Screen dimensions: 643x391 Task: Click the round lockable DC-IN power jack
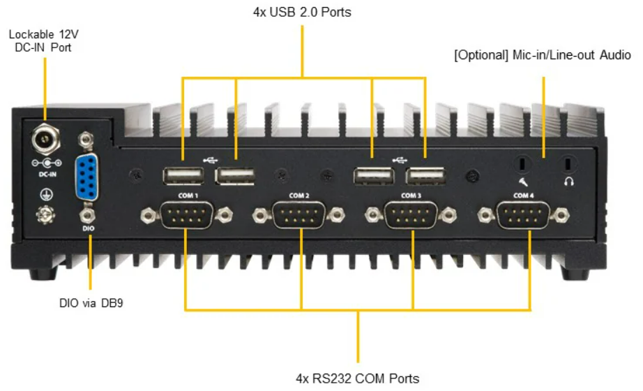[x=45, y=139]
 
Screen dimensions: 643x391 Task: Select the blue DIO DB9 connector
[x=86, y=177]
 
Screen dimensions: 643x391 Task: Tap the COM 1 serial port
[x=187, y=215]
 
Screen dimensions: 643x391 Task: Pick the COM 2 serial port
[x=298, y=215]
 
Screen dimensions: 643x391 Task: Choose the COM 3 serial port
[x=411, y=215]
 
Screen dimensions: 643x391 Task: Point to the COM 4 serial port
[x=523, y=215]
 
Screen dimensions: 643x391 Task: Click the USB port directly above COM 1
[x=183, y=176]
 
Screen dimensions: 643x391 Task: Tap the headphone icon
[x=568, y=181]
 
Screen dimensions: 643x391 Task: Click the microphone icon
[x=523, y=182]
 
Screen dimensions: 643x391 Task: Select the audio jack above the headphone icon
[x=568, y=164]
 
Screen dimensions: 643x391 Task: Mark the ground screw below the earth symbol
[x=45, y=214]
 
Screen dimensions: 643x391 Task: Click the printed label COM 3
[x=411, y=195]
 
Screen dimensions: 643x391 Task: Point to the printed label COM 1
[x=188, y=195]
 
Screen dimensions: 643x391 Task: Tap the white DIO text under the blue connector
[x=88, y=228]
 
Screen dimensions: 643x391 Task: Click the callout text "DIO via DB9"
[x=91, y=303]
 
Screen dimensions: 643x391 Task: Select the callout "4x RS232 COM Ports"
[x=357, y=378]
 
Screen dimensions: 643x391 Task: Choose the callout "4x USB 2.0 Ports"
[x=302, y=13]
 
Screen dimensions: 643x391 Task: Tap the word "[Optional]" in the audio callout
[x=481, y=55]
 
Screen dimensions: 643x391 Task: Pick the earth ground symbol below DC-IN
[x=46, y=194]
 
